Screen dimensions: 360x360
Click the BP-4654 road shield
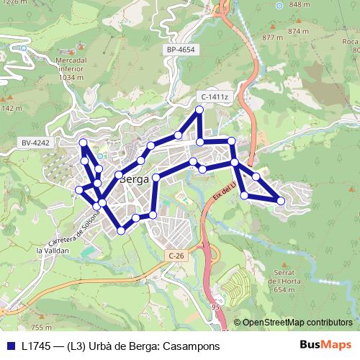pyautogui.click(x=181, y=50)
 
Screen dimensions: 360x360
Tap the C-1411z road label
pyautogui.click(x=215, y=96)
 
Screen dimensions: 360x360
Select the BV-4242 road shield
pyautogui.click(x=35, y=143)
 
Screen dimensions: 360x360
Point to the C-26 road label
pyautogui.click(x=177, y=256)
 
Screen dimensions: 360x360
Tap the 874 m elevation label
pyautogui.click(x=297, y=32)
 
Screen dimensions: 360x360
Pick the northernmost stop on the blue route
pyautogui.click(x=200, y=110)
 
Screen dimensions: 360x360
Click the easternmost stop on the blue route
pyautogui.click(x=281, y=201)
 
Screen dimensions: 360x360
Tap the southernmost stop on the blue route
pyautogui.click(x=121, y=230)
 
